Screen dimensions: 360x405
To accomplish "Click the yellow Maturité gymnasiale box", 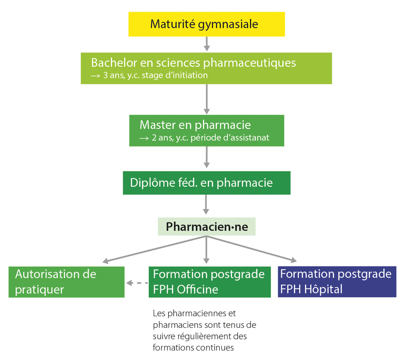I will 206,24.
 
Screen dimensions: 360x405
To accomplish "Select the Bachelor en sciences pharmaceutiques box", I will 206,68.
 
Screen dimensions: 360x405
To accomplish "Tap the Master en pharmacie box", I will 206,131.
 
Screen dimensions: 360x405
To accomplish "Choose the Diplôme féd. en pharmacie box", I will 206,183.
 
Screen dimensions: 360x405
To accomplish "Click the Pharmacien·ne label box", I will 206,226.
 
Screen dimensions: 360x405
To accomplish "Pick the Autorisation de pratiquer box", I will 67,282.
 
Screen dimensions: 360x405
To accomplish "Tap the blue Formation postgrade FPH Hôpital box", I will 337,282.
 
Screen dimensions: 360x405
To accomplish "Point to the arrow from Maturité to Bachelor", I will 206,44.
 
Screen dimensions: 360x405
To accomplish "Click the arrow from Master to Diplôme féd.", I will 206,157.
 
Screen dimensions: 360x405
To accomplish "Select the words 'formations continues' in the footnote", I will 193,347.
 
